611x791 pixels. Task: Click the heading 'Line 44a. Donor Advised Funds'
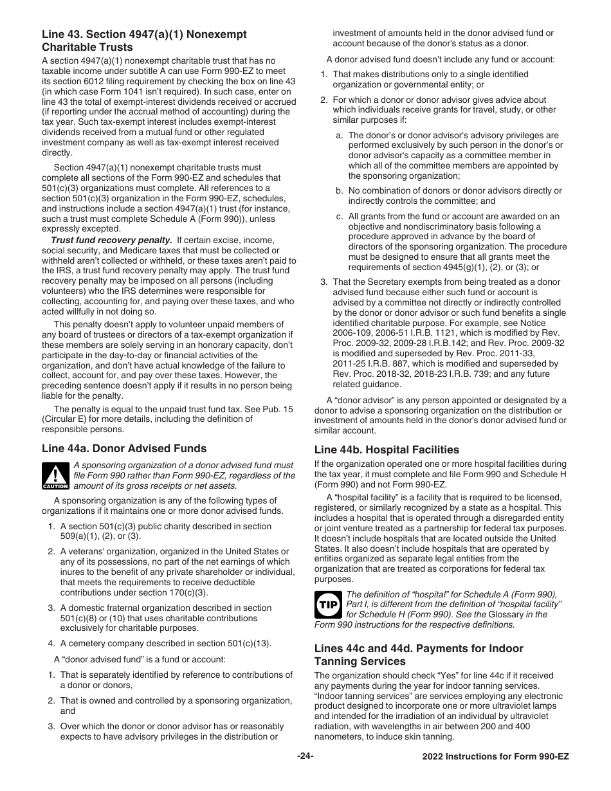pos(124,449)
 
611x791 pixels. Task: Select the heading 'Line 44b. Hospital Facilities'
pos(387,450)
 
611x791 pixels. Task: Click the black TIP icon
pos(328,605)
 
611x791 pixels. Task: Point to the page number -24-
pos(305,756)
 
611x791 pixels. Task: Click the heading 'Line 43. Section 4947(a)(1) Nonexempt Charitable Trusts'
pos(144,41)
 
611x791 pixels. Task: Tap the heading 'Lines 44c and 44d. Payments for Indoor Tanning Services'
pos(419,655)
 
